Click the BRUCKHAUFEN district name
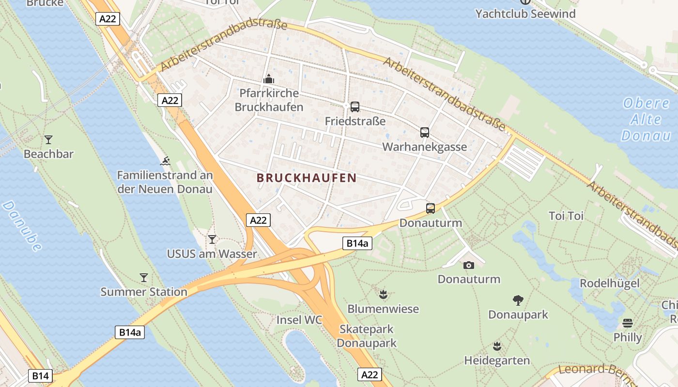point(306,178)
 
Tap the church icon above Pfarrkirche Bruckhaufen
point(269,79)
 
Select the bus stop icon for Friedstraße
point(354,107)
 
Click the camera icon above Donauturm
point(468,265)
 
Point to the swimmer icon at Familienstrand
point(165,161)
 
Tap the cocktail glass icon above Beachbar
point(48,140)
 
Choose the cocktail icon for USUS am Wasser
point(212,239)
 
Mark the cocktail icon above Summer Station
point(143,278)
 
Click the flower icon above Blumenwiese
point(383,294)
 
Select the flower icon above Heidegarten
point(496,346)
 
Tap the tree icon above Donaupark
point(518,300)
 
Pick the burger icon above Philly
point(628,323)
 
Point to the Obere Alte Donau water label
point(647,119)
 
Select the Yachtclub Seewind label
point(525,14)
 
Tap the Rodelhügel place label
point(609,283)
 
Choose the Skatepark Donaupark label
point(367,336)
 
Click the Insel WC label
point(299,320)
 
